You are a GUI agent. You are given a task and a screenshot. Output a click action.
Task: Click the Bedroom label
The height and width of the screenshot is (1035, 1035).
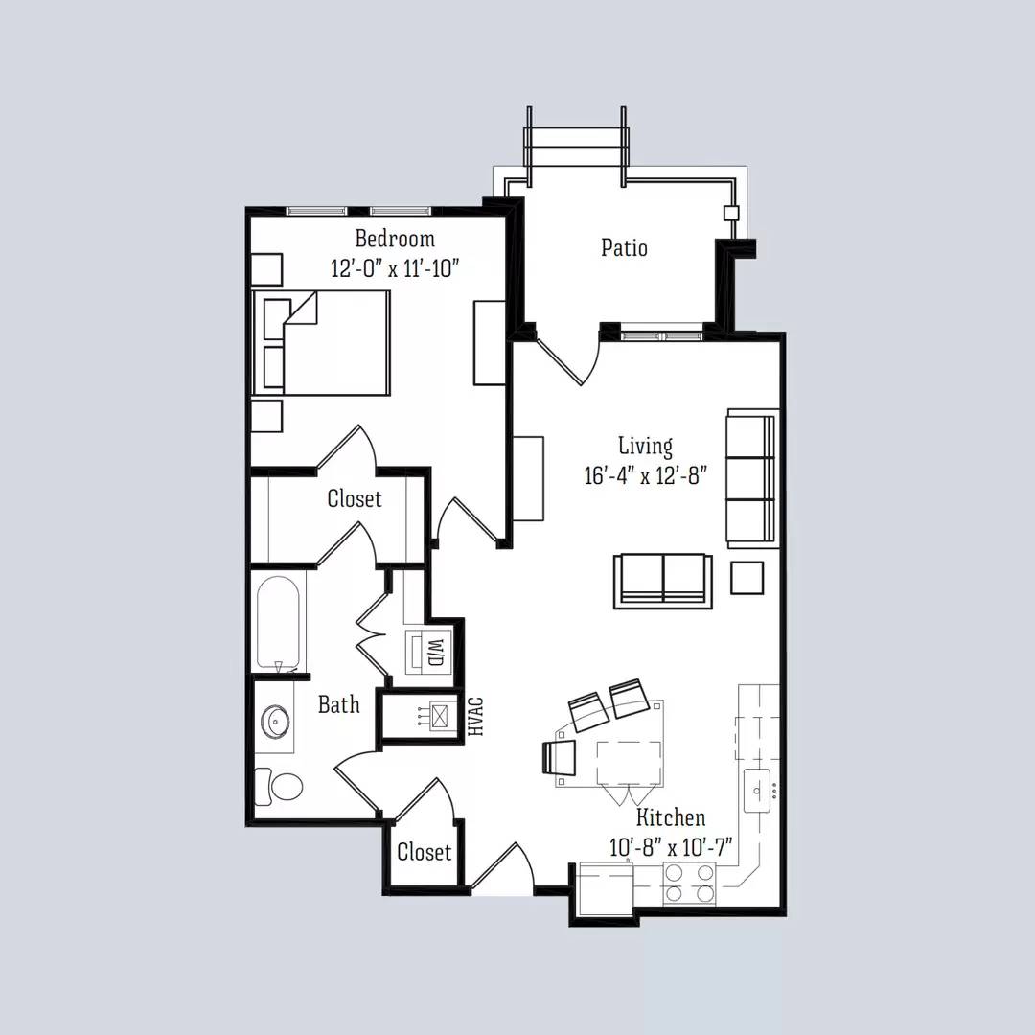tap(395, 238)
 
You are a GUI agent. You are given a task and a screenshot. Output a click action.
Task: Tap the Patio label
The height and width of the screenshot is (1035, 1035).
tap(624, 247)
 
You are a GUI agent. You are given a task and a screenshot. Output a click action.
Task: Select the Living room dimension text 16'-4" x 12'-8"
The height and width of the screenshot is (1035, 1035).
tap(645, 475)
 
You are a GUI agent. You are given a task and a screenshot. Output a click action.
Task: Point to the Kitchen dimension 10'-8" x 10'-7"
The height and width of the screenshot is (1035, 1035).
tap(670, 847)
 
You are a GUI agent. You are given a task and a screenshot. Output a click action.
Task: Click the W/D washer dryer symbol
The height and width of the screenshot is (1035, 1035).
tap(428, 653)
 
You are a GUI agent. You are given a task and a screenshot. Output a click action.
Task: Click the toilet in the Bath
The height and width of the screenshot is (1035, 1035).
tap(279, 787)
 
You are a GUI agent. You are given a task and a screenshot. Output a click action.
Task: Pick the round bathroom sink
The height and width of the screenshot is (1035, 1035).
tap(274, 721)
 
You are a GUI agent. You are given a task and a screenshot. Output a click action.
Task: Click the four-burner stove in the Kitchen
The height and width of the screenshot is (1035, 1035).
tap(689, 884)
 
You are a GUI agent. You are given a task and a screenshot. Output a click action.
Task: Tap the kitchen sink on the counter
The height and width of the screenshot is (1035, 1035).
tap(758, 791)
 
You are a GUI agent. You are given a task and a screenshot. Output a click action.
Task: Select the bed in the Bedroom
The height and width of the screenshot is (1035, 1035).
tap(321, 342)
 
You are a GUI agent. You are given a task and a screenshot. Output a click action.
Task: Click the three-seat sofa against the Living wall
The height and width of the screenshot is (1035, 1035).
tap(751, 478)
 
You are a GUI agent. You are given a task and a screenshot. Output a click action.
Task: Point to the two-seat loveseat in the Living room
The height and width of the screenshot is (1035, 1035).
tap(663, 581)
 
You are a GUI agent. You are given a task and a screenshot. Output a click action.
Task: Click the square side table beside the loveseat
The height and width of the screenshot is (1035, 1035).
tap(747, 578)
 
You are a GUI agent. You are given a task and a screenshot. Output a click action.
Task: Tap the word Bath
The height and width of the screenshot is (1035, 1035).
tap(338, 704)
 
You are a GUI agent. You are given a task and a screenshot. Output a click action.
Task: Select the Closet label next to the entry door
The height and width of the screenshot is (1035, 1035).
tap(424, 852)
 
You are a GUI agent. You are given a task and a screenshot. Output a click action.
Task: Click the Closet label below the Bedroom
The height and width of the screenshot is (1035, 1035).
tap(355, 498)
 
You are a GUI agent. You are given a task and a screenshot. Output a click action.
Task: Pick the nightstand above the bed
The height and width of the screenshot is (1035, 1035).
tap(266, 270)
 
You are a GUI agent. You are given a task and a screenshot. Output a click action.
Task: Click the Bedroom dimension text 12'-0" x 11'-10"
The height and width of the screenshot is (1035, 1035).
tap(395, 268)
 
